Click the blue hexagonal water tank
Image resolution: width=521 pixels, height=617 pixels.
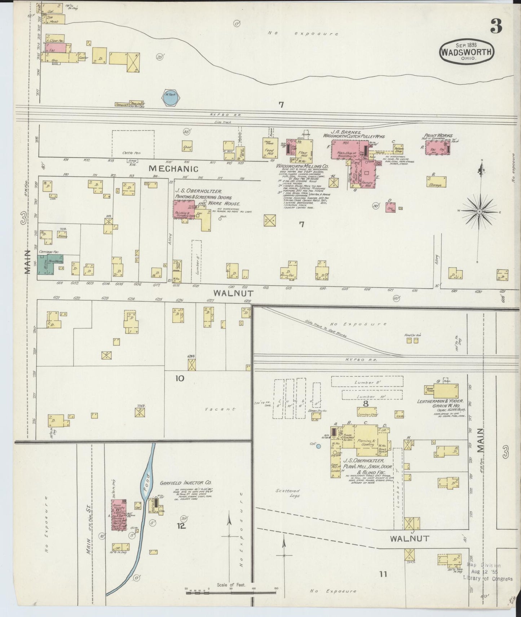(169, 97)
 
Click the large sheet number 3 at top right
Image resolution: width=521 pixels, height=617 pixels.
(496, 26)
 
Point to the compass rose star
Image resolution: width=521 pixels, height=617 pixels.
(479, 211)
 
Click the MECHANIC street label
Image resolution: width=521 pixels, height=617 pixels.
(173, 169)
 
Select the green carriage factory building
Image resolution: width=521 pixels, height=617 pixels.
(45, 265)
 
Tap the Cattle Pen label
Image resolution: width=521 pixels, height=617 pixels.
(131, 153)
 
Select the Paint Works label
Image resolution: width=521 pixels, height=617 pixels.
(438, 136)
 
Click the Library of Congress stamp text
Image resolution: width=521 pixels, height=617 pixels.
(487, 579)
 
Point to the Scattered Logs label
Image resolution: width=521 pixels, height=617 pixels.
(288, 493)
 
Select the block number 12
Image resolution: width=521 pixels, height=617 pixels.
(181, 526)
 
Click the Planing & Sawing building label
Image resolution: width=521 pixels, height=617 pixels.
(366, 442)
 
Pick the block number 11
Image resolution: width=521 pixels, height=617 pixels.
(383, 574)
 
